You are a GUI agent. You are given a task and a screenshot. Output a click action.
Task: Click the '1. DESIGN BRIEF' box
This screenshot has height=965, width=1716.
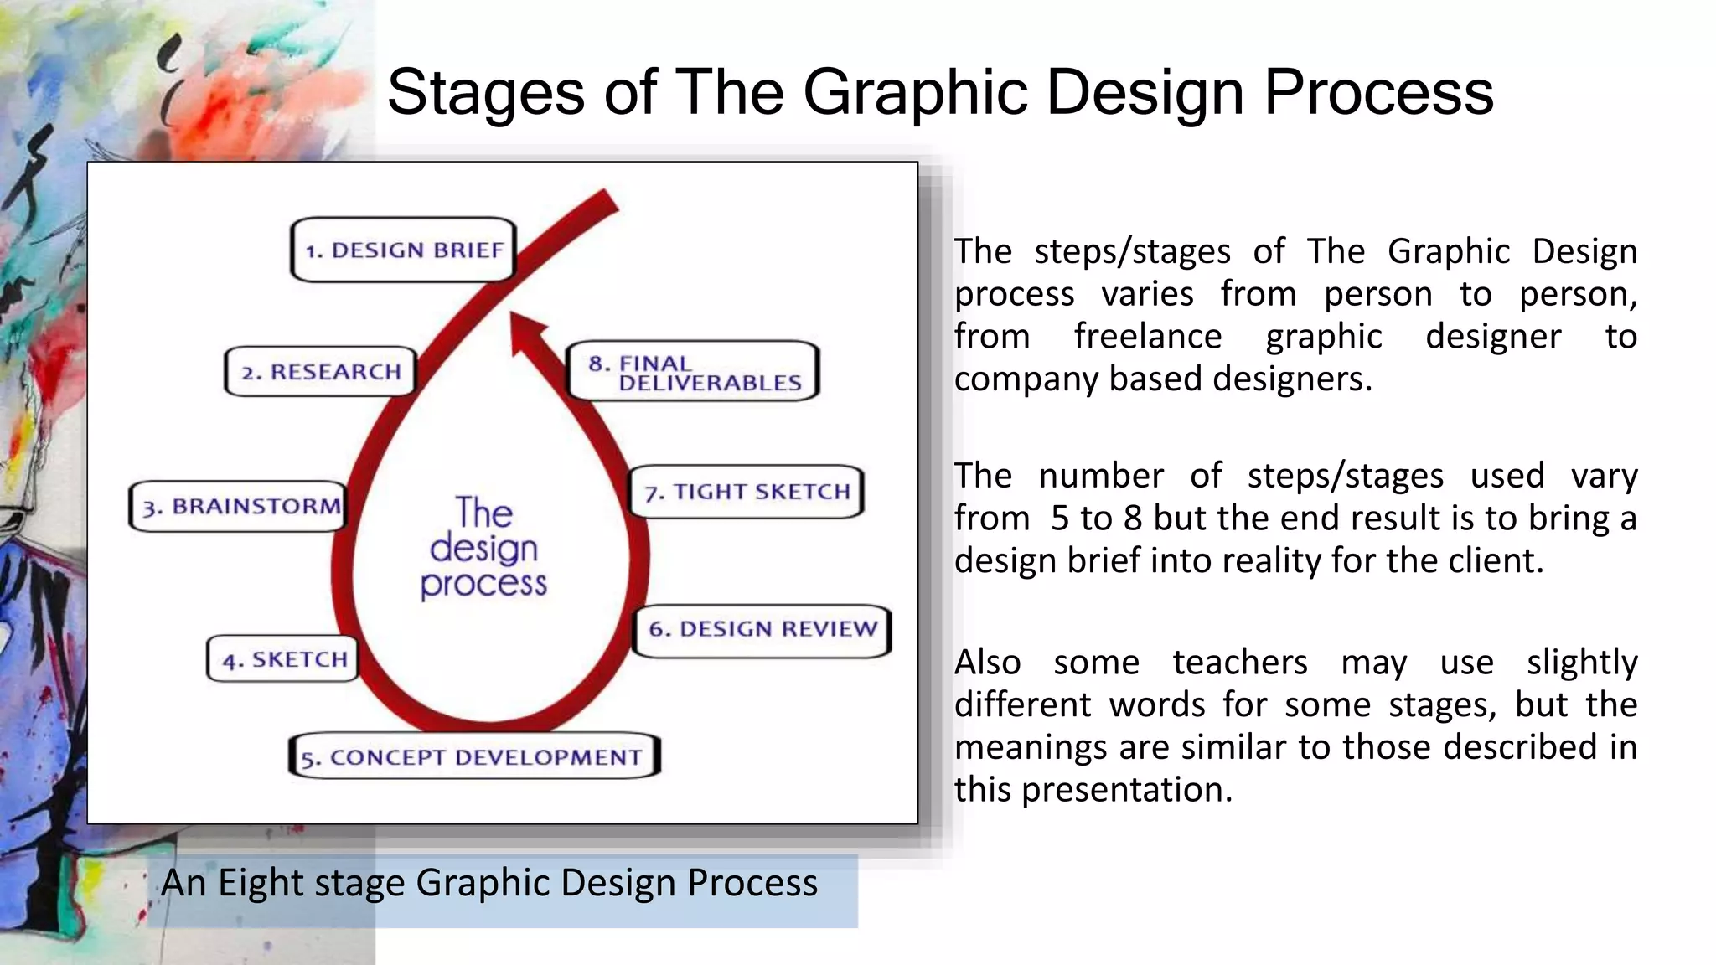click(x=402, y=250)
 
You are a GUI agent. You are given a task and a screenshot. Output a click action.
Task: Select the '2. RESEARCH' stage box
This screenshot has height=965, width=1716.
click(x=320, y=371)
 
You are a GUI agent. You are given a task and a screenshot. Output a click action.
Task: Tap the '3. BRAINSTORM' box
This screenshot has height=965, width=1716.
click(x=238, y=506)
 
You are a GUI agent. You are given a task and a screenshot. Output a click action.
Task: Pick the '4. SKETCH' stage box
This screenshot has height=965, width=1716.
click(x=283, y=659)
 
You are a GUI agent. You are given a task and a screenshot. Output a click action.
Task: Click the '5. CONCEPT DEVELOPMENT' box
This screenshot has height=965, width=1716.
click(x=474, y=757)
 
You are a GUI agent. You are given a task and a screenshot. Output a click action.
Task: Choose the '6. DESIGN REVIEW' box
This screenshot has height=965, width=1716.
click(x=761, y=630)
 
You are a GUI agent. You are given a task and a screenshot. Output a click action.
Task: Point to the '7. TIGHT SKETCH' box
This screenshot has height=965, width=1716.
click(x=746, y=492)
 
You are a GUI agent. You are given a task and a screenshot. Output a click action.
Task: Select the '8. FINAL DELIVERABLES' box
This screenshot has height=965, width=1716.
click(x=692, y=372)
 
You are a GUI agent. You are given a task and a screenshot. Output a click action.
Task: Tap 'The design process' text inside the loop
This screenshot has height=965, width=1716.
click(x=484, y=549)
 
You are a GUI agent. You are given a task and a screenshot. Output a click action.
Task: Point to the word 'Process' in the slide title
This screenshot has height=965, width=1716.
click(x=1378, y=92)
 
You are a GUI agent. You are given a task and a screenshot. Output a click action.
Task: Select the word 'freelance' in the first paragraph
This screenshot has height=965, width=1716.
click(x=1148, y=337)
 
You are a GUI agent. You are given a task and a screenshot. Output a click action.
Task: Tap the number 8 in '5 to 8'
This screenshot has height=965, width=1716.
click(x=1133, y=519)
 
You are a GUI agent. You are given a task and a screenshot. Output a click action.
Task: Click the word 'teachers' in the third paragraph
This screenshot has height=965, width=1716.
click(x=1239, y=663)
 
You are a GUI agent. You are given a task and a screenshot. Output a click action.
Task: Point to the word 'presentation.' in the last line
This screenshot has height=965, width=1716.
click(x=1127, y=790)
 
